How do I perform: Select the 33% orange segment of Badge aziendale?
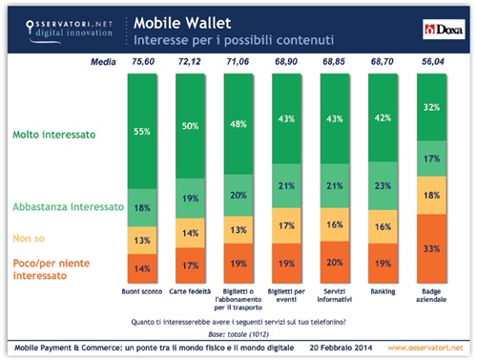(x=432, y=248)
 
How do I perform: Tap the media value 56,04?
(x=432, y=62)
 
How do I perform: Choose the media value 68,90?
(x=287, y=62)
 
